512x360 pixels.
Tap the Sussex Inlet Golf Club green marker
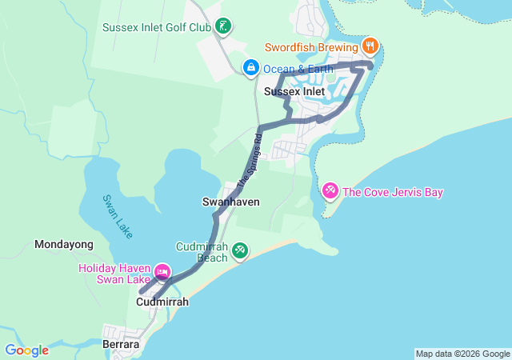(x=225, y=27)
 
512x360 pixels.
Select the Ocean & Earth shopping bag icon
(x=250, y=67)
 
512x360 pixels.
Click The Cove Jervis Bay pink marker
(x=330, y=191)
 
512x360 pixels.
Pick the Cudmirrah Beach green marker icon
(x=239, y=251)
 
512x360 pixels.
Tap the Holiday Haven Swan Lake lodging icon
(x=162, y=273)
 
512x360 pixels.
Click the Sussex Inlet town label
(x=294, y=92)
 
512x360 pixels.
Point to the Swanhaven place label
(x=230, y=202)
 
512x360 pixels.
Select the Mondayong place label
(x=64, y=244)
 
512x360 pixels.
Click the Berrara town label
(x=122, y=345)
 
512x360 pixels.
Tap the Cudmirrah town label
(x=162, y=302)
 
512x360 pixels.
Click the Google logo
(x=26, y=350)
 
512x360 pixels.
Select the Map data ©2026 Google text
(x=462, y=354)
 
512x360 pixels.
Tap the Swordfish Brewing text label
(x=315, y=45)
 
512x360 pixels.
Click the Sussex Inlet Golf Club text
(x=156, y=28)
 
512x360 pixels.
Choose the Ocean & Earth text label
(x=289, y=68)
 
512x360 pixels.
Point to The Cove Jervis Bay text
(x=392, y=192)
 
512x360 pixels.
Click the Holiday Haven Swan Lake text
(x=114, y=274)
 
